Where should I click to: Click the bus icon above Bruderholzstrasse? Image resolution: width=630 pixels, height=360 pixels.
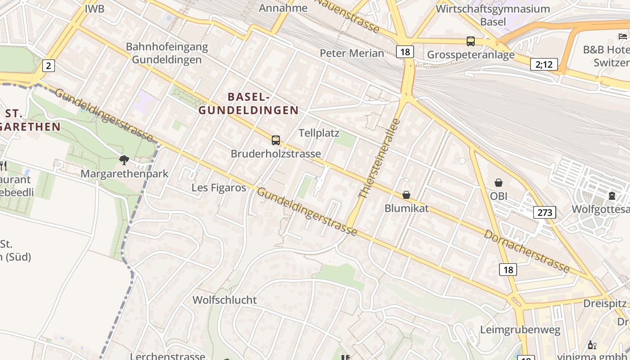coord(276,140)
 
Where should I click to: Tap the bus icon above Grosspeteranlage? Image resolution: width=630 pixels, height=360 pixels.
coord(471,41)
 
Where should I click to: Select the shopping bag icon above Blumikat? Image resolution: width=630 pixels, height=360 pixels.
coord(406,195)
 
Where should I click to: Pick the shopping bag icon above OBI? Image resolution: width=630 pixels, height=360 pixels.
coord(499,183)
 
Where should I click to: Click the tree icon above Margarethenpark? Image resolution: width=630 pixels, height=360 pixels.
coord(124,160)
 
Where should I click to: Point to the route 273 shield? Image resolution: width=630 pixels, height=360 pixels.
coord(544,212)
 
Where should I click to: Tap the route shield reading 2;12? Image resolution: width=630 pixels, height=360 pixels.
coord(544,64)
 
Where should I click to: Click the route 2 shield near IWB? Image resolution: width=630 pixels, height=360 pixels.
coord(48,66)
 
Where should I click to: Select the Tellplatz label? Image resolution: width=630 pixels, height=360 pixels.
coord(319,133)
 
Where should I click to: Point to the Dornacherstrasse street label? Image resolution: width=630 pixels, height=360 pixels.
coord(526,251)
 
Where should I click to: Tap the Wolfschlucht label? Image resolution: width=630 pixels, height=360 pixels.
coord(225,300)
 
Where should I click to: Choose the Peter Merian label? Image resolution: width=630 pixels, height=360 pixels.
coord(352,53)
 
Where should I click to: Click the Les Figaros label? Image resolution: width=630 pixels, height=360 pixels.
coord(219,187)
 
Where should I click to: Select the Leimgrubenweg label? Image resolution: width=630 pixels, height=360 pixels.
coord(520,330)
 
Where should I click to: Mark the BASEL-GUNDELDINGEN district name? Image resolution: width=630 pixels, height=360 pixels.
coord(249,103)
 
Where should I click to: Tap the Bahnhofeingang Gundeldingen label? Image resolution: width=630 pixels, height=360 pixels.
coord(167,53)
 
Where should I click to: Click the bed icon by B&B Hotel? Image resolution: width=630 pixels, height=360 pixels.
coord(623,36)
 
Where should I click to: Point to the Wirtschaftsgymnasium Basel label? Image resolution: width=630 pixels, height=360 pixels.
coord(493,15)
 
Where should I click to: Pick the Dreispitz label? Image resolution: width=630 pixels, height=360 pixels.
coord(605,303)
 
